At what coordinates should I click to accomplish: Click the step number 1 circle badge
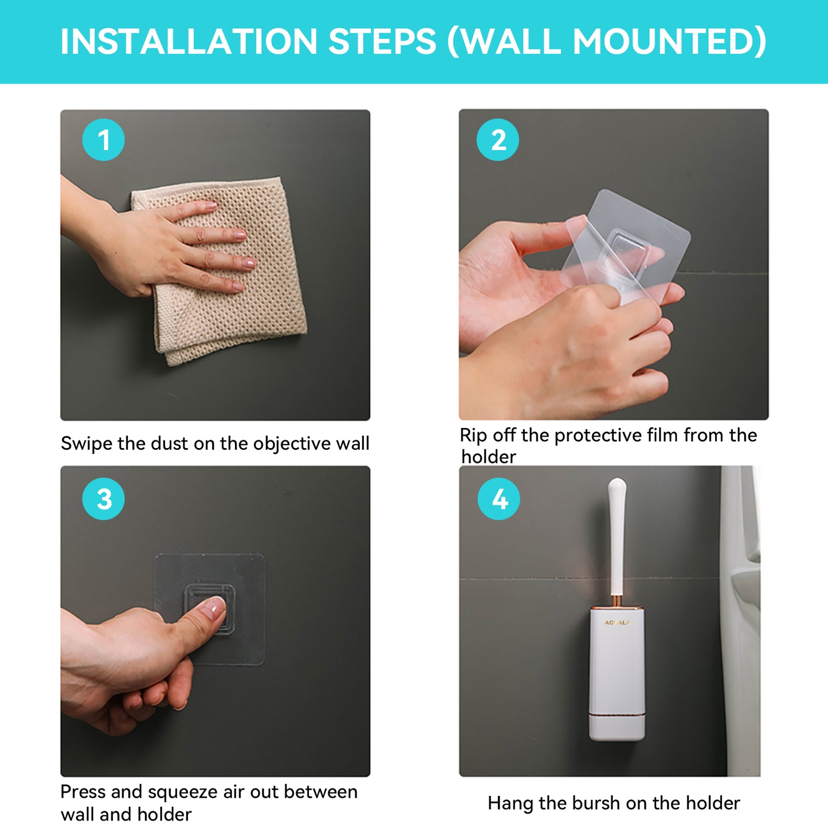click(x=103, y=140)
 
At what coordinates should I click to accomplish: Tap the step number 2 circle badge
click(x=498, y=140)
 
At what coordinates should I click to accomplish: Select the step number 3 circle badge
click(x=103, y=499)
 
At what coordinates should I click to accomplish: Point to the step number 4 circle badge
click(x=499, y=499)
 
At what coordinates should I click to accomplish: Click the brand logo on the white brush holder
click(x=617, y=622)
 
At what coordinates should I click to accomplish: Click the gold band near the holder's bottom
click(x=617, y=716)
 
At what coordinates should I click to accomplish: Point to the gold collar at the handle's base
click(x=617, y=602)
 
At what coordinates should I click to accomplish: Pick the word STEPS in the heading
click(x=382, y=42)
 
